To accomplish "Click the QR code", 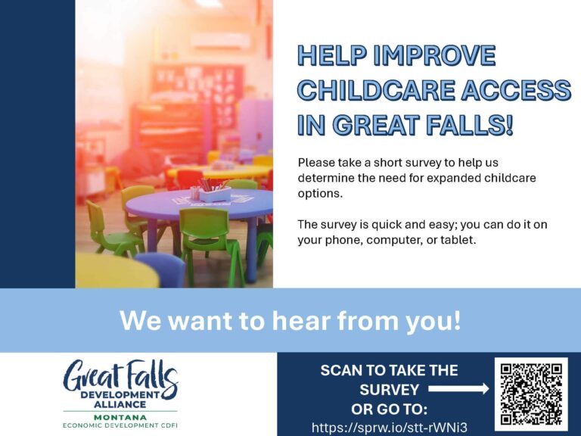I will click(531, 393).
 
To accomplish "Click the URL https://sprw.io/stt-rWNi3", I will click(390, 428).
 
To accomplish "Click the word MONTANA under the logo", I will click(121, 417).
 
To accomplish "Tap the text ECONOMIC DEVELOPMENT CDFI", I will click(121, 426).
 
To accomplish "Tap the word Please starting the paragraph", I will click(316, 163).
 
